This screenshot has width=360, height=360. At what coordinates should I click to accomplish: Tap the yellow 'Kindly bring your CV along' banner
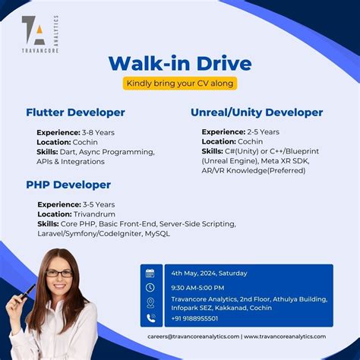pyautogui.click(x=180, y=83)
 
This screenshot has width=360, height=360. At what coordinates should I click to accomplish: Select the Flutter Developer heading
pyautogui.click(x=75, y=112)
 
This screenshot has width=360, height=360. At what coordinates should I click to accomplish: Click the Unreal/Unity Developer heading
pyautogui.click(x=257, y=112)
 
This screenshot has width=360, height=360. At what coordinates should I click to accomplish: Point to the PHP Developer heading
pyautogui.click(x=68, y=185)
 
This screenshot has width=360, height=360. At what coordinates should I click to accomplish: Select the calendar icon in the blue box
pyautogui.click(x=150, y=273)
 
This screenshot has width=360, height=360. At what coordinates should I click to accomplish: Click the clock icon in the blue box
pyautogui.click(x=150, y=288)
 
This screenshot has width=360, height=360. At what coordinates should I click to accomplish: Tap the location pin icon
pyautogui.click(x=150, y=303)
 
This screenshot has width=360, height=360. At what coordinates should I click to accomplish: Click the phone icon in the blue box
pyautogui.click(x=150, y=318)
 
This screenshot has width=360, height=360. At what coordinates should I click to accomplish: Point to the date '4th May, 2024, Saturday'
pyautogui.click(x=209, y=273)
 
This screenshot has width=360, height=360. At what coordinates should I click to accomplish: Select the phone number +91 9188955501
pyautogui.click(x=194, y=318)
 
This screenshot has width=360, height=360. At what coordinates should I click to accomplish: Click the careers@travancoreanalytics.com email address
pyautogui.click(x=193, y=336)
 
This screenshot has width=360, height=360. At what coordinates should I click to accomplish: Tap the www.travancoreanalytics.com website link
pyautogui.click(x=285, y=336)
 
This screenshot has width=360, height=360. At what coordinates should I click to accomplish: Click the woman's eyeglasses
pyautogui.click(x=59, y=273)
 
